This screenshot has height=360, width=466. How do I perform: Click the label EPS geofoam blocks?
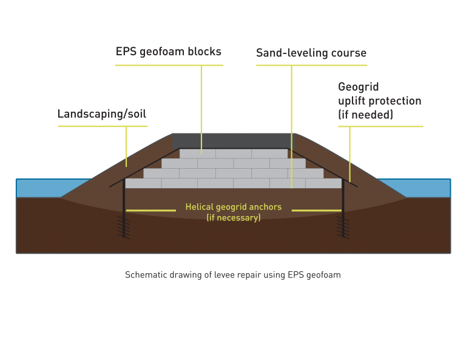169,52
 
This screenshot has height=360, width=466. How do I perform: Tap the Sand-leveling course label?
311,53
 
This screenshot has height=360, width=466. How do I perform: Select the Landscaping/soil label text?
102,114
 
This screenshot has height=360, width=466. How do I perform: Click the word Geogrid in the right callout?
359,87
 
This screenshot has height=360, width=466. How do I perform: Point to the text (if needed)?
365,115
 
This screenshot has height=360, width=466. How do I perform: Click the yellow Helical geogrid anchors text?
233,207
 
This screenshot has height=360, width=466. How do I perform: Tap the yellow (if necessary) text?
233,217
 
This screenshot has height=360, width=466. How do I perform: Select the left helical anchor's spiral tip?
124,228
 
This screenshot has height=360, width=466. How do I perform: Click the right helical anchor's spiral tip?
343,228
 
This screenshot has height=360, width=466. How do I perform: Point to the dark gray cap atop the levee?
232,141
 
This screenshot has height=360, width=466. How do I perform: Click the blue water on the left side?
50,188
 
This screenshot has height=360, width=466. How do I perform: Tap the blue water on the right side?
416,188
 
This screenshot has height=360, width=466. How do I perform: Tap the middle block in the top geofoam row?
234,154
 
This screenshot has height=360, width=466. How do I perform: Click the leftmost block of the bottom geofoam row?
143,183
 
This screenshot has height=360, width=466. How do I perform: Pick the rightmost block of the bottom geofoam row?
323,183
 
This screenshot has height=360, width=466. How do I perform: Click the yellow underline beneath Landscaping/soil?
103,126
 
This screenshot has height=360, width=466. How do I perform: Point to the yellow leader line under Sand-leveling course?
291,127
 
